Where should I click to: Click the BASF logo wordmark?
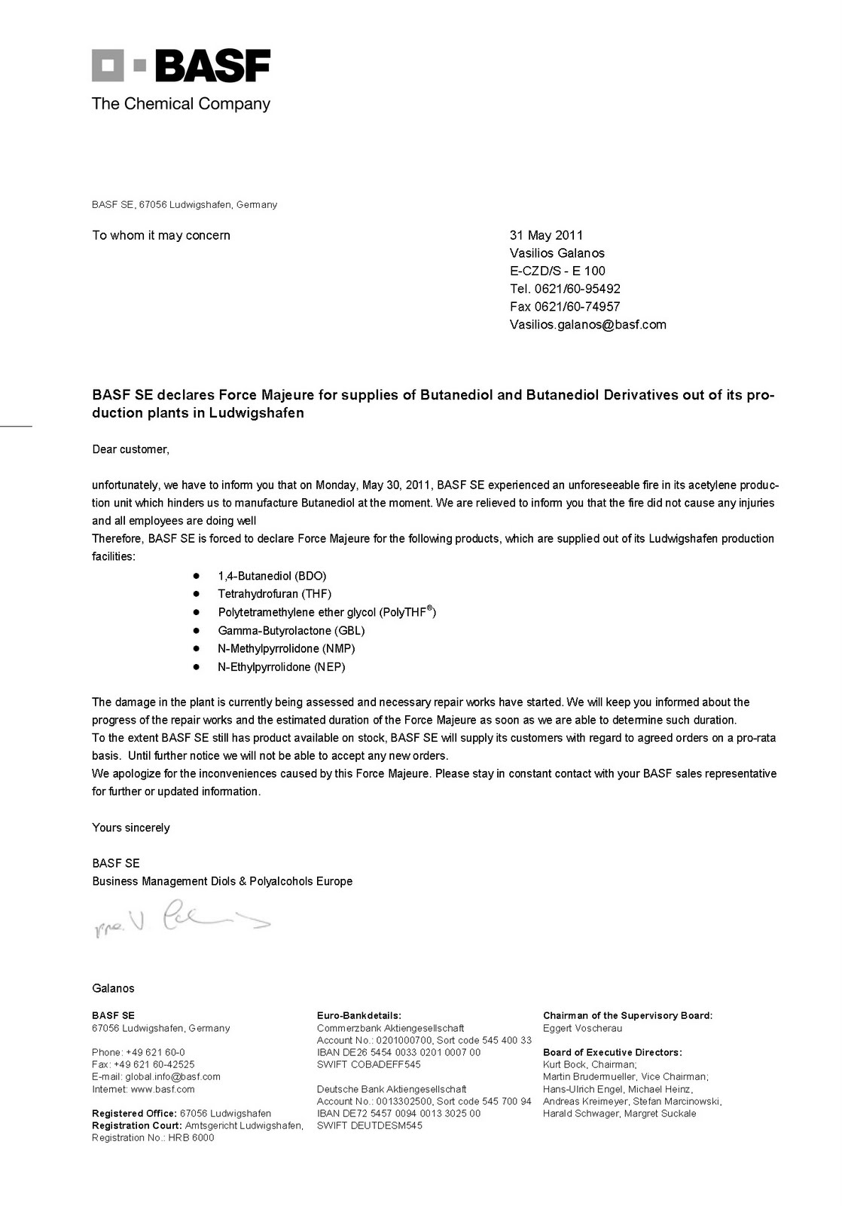pyautogui.click(x=212, y=66)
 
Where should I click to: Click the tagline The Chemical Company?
pyautogui.click(x=181, y=104)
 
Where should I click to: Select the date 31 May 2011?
pyautogui.click(x=546, y=235)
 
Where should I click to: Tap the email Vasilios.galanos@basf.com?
pyautogui.click(x=587, y=325)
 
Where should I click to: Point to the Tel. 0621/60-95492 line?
pyautogui.click(x=565, y=289)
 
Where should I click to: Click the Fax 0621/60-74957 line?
pyautogui.click(x=565, y=307)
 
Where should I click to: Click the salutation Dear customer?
pyautogui.click(x=130, y=449)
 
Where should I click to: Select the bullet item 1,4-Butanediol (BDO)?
pyautogui.click(x=272, y=576)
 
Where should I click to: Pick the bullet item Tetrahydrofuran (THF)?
pyautogui.click(x=274, y=594)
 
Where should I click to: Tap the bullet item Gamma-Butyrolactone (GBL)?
pyautogui.click(x=291, y=631)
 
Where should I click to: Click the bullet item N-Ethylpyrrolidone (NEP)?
pyautogui.click(x=281, y=667)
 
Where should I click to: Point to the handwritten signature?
pyautogui.click(x=181, y=918)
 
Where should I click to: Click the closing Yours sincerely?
pyautogui.click(x=131, y=828)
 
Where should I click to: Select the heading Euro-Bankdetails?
pyautogui.click(x=358, y=1015)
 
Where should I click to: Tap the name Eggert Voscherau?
pyautogui.click(x=582, y=1028)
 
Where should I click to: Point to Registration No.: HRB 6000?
pyautogui.click(x=153, y=1137)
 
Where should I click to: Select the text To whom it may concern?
pyautogui.click(x=161, y=235)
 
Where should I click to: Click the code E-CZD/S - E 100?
pyautogui.click(x=557, y=271)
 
